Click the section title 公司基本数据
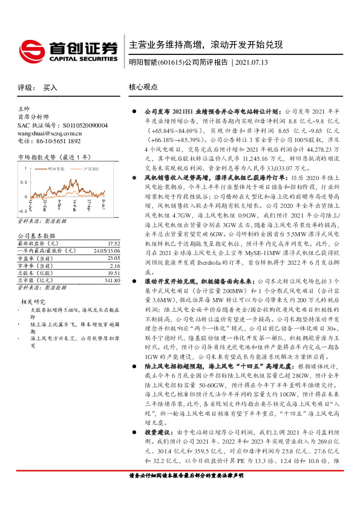[36, 235]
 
